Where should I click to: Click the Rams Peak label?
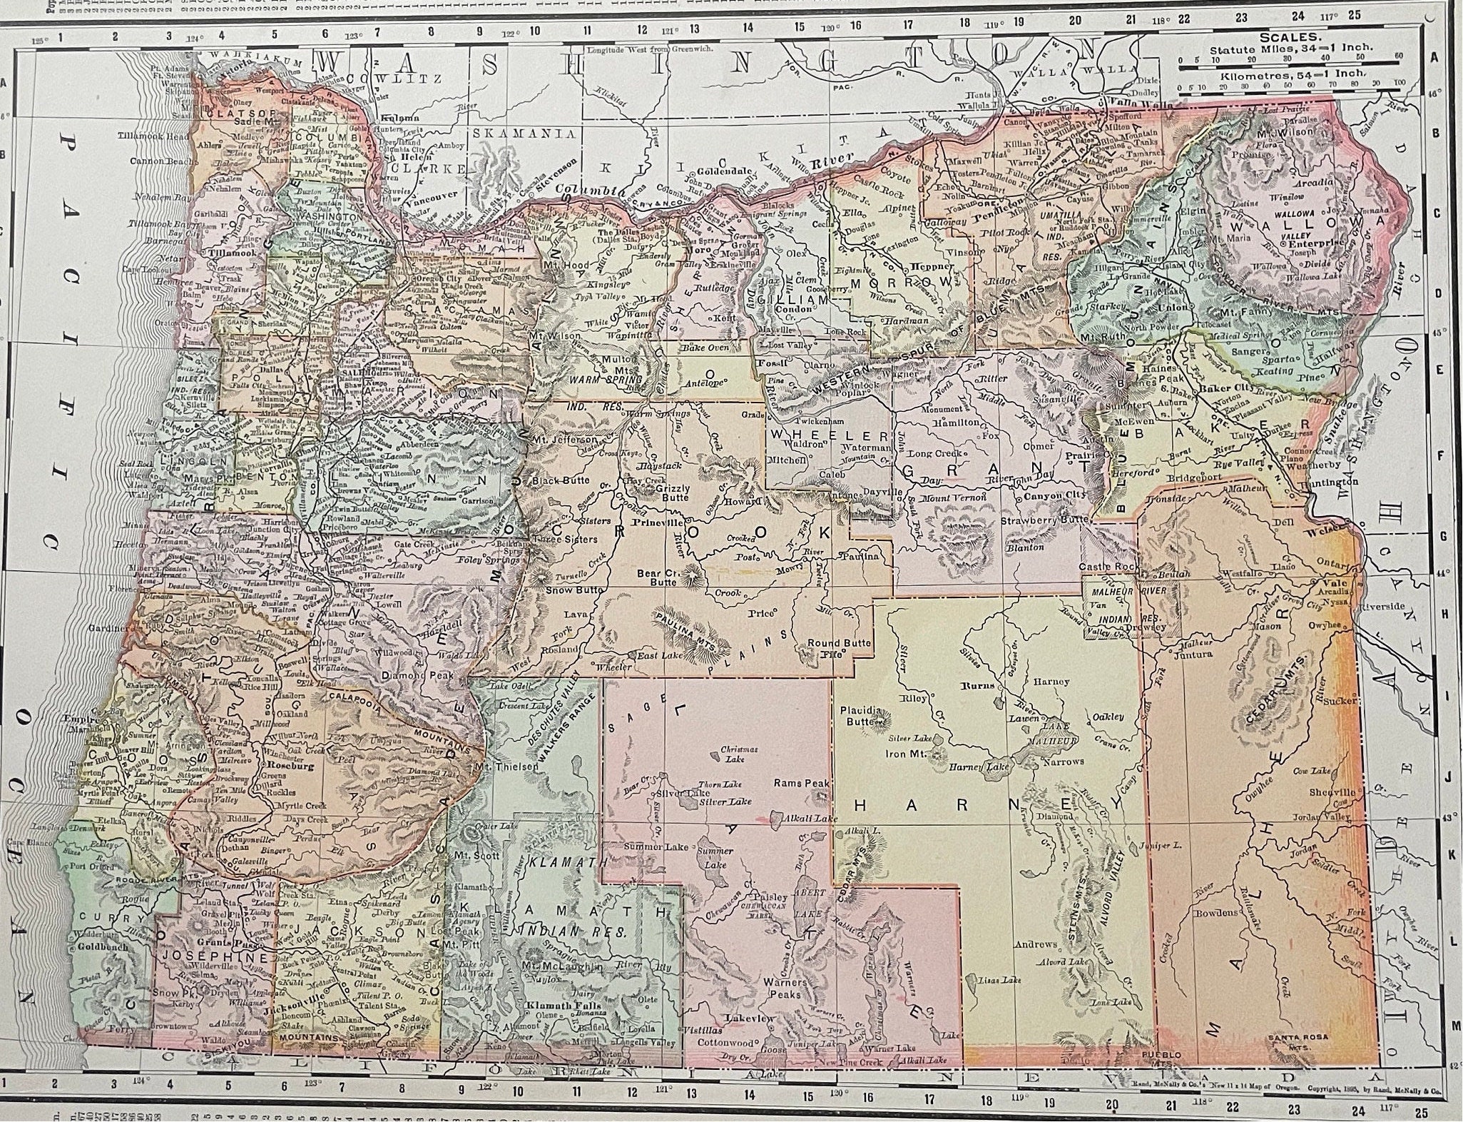click(802, 783)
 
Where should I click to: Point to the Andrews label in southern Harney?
click(1036, 944)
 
